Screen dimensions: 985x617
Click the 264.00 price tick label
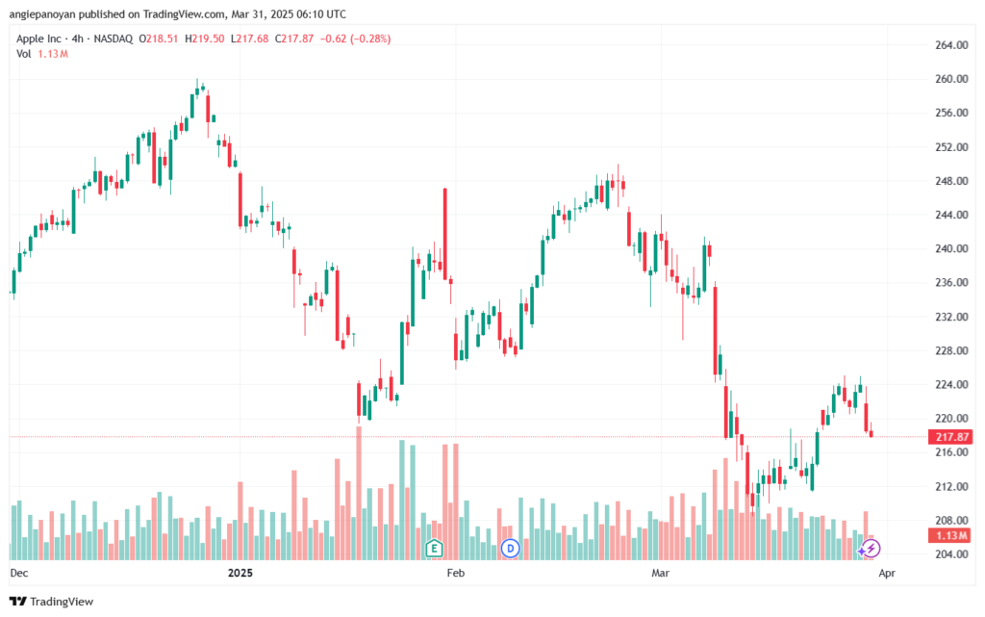[951, 45]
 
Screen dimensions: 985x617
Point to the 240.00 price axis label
[951, 248]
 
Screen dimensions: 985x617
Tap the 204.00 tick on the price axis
[951, 554]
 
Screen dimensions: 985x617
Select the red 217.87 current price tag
[951, 437]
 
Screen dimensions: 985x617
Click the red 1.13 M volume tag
[951, 535]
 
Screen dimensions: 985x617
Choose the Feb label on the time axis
[455, 573]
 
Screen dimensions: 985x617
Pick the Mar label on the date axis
[660, 573]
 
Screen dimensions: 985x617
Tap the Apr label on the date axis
[886, 573]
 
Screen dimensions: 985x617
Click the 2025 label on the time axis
[240, 573]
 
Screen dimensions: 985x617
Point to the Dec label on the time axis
[19, 573]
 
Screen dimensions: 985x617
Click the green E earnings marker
[434, 549]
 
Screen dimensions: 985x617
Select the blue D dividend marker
[510, 549]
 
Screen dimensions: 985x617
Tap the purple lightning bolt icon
[871, 549]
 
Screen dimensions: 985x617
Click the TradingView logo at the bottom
[52, 602]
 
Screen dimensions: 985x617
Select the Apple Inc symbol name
[38, 39]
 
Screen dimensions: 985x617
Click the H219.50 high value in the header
[204, 39]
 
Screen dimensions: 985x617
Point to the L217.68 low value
[249, 39]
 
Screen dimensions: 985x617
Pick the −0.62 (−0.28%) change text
[356, 39]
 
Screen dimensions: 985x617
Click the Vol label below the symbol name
[24, 54]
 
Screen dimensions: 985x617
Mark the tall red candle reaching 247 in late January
[444, 234]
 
